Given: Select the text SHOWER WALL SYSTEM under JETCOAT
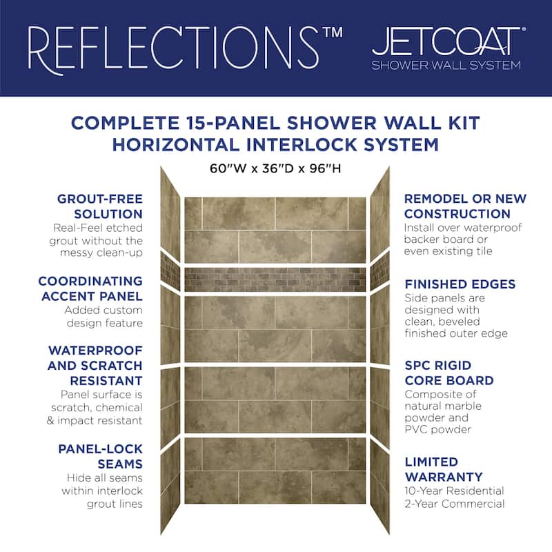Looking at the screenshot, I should click(x=446, y=66).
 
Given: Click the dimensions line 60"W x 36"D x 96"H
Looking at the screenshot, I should click(x=275, y=168).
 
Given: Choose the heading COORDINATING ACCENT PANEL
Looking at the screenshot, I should click(x=90, y=288).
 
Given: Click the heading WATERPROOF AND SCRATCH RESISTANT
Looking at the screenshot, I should click(x=95, y=365).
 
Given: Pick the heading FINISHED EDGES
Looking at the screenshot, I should click(x=460, y=284).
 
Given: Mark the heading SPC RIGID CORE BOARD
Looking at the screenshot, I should click(x=449, y=373).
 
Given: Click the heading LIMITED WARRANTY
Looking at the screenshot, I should click(x=444, y=469).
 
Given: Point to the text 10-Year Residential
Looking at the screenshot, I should click(x=454, y=491).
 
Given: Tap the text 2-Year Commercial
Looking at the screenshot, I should click(x=454, y=504).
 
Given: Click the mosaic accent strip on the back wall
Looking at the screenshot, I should click(x=275, y=279).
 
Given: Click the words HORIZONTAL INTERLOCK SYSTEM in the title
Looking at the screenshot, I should click(x=275, y=145).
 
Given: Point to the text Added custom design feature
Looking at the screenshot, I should click(x=103, y=316).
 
